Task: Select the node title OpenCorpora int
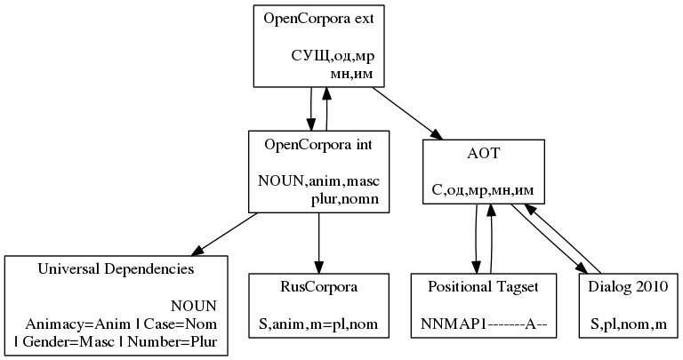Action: pyautogui.click(x=318, y=144)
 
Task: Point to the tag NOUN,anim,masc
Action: pyautogui.click(x=318, y=181)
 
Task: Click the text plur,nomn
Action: pyautogui.click(x=345, y=199)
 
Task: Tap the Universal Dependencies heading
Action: pyautogui.click(x=117, y=268)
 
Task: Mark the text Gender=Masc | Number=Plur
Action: pyautogui.click(x=117, y=341)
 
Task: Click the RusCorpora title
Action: pyautogui.click(x=318, y=287)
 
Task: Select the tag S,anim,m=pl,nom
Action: pyautogui.click(x=318, y=324)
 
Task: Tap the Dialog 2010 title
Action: pyautogui.click(x=629, y=287)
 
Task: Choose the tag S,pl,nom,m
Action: pyautogui.click(x=629, y=324)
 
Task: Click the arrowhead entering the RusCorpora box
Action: pyautogui.click(x=318, y=267)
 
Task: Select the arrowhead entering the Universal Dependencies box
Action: pyautogui.click(x=196, y=250)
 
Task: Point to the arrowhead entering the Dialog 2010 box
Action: pyautogui.click(x=584, y=268)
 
